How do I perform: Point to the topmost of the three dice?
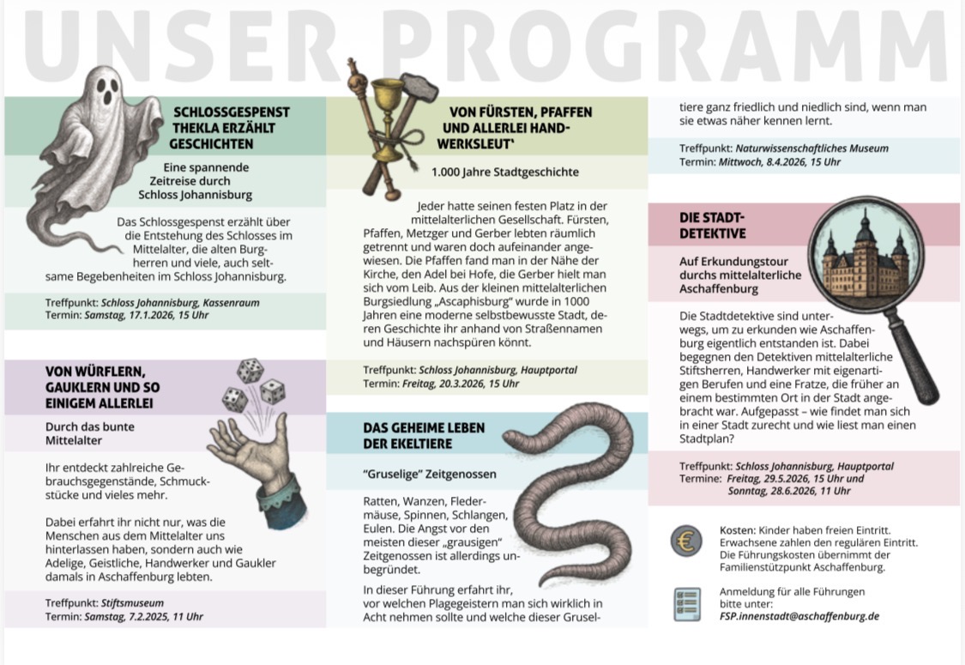250,371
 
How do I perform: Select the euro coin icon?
685,541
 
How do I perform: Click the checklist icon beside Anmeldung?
685,604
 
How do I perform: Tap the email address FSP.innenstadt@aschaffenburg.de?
799,616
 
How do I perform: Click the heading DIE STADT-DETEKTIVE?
713,225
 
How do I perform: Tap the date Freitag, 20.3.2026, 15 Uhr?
461,384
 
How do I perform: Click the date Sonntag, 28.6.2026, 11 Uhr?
789,491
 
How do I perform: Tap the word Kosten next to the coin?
737,529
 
